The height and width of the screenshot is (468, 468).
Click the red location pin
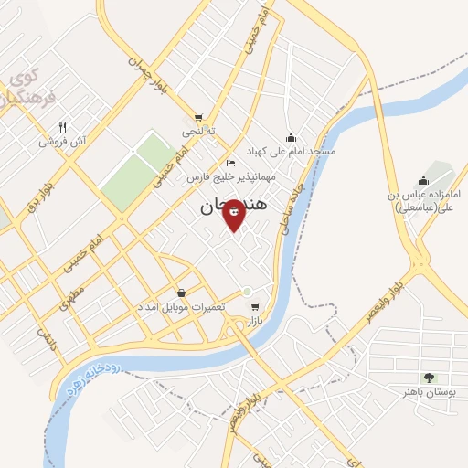(x=234, y=214)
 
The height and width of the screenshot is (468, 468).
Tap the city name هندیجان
(x=234, y=208)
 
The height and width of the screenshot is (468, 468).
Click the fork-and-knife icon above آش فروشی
(x=62, y=127)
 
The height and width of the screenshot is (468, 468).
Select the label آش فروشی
(x=61, y=142)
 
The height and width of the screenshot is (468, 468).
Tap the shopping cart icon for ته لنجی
(x=198, y=117)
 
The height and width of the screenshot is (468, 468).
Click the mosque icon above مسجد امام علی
(x=291, y=137)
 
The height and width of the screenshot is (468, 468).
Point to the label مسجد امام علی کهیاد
(x=291, y=150)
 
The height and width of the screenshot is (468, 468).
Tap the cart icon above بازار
(x=254, y=307)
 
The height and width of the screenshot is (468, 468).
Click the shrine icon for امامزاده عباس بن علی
(x=422, y=181)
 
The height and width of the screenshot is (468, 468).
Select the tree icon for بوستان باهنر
(x=429, y=378)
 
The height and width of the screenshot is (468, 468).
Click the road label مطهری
(x=70, y=296)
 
